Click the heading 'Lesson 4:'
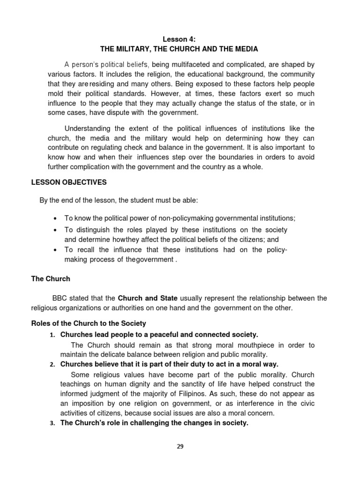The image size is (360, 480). pyautogui.click(x=180, y=40)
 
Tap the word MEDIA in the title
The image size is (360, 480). pyautogui.click(x=246, y=49)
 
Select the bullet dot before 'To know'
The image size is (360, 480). pyautogui.click(x=56, y=219)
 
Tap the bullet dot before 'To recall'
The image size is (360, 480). pyautogui.click(x=56, y=250)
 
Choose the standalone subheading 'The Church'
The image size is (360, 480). pyautogui.click(x=51, y=279)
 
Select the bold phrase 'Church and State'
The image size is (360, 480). pyautogui.click(x=147, y=298)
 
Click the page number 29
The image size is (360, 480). pyautogui.click(x=180, y=447)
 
